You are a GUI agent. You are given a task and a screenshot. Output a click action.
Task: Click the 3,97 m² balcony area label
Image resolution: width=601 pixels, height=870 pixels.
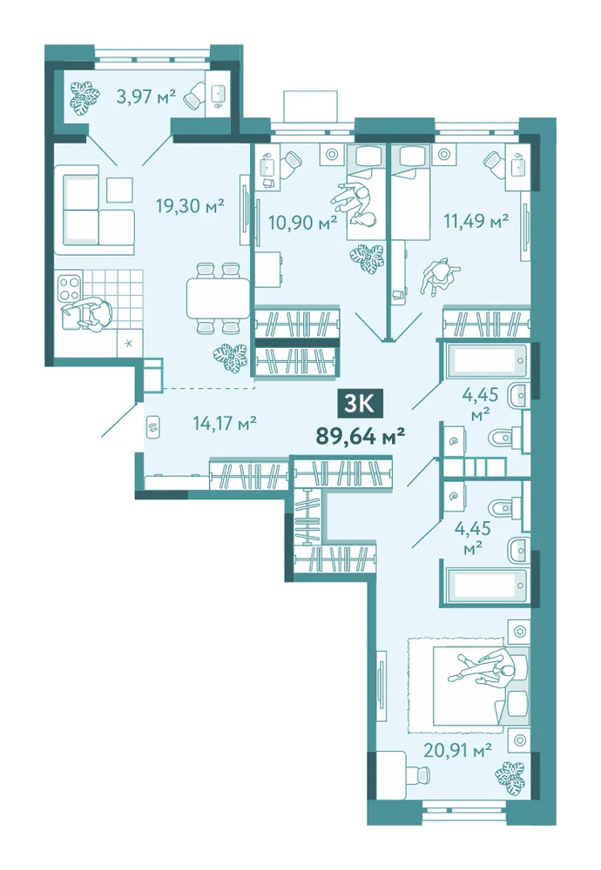(x=146, y=97)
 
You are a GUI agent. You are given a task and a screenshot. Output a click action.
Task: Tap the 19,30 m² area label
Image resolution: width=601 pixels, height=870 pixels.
(x=190, y=206)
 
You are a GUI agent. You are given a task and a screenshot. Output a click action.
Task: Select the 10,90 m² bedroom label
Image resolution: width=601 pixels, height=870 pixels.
(x=303, y=223)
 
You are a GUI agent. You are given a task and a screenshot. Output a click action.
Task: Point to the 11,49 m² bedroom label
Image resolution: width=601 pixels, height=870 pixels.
(x=476, y=221)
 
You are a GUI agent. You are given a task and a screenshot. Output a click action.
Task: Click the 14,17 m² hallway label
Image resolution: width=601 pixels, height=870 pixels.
(x=225, y=424)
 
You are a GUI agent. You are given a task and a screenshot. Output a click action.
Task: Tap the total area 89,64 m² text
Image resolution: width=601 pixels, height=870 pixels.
(x=360, y=436)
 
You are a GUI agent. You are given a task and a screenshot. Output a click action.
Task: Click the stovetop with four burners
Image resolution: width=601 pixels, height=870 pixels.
(x=70, y=287)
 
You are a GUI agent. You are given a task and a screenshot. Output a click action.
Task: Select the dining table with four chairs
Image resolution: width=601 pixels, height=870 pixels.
(x=219, y=298)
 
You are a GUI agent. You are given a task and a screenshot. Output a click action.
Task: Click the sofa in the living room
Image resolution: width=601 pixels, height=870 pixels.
(x=94, y=210)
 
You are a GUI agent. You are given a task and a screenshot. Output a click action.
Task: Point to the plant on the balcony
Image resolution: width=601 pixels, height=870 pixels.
(x=85, y=97)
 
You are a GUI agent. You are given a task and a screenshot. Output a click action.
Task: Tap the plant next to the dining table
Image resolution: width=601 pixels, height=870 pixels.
(x=230, y=358)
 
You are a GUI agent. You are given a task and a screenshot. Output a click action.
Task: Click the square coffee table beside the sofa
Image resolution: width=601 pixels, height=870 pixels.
(x=120, y=190)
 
